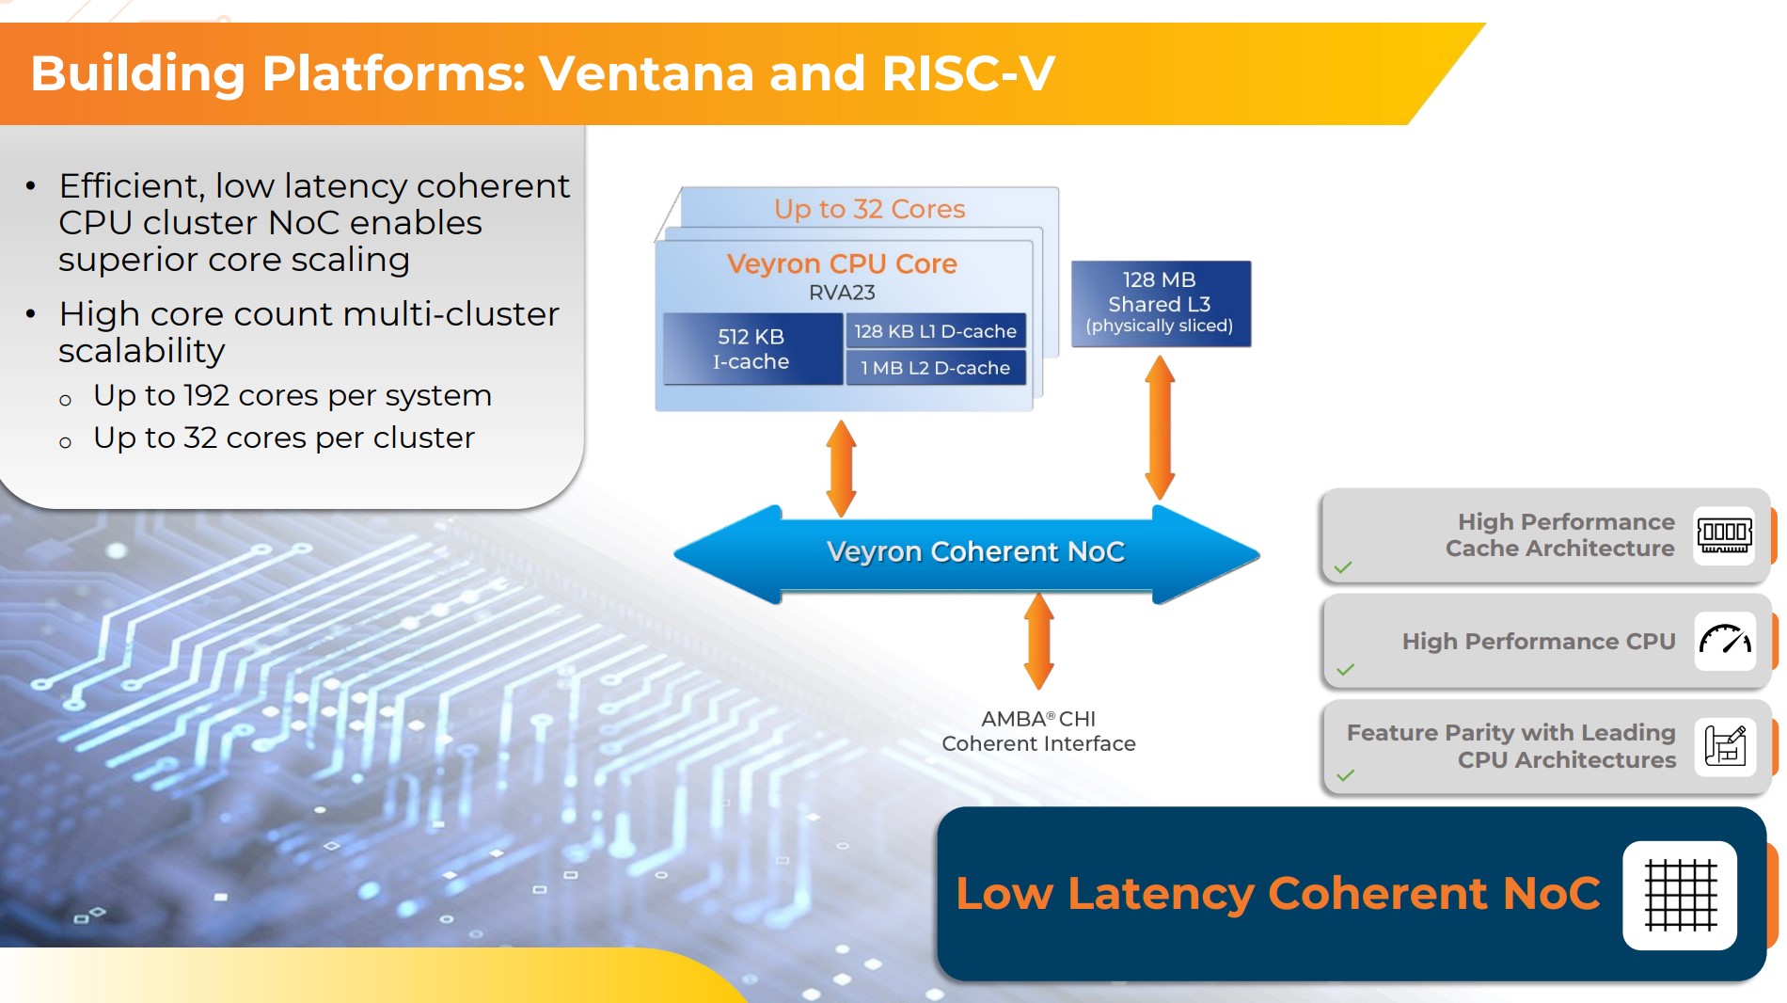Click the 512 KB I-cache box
[751, 349]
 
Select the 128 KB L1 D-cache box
[935, 331]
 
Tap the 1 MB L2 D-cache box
[935, 368]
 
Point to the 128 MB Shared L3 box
[1161, 303]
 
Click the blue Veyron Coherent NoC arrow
[974, 552]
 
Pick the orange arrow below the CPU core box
[841, 469]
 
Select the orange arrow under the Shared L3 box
[1160, 427]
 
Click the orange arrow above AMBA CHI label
[1038, 641]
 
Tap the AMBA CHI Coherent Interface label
[1038, 731]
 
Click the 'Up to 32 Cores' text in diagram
[869, 209]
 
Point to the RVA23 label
[842, 293]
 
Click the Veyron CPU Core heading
[842, 264]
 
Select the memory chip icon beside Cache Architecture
[1724, 535]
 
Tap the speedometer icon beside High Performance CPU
[1724, 641]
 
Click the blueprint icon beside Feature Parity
[1724, 746]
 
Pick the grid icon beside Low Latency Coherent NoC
[1680, 895]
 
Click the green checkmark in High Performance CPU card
[1345, 670]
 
